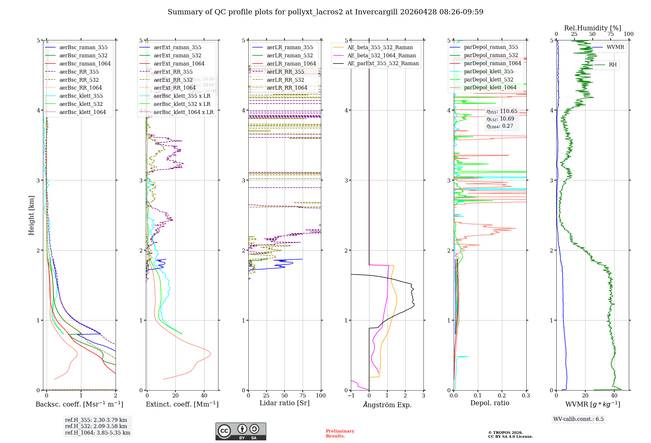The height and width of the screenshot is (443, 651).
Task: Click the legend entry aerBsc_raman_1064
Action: (x=85, y=64)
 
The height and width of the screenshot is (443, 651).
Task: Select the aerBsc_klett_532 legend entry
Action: (x=81, y=104)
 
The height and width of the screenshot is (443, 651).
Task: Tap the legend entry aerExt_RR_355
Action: (x=173, y=72)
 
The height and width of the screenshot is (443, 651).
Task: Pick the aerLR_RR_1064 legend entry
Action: (x=287, y=88)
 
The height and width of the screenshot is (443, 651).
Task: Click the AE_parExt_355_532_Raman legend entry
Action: (x=383, y=63)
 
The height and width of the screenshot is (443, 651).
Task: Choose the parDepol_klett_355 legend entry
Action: (x=488, y=71)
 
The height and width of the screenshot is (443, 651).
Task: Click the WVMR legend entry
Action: (x=615, y=47)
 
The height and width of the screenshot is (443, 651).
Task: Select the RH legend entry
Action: (x=613, y=64)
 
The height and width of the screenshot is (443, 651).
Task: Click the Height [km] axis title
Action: (x=31, y=215)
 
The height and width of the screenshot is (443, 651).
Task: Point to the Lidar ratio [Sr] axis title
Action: (x=284, y=403)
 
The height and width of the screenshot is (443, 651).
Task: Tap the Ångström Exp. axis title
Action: (x=387, y=405)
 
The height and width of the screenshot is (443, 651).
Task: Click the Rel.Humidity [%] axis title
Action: (x=592, y=28)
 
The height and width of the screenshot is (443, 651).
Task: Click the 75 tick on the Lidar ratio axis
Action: (x=303, y=395)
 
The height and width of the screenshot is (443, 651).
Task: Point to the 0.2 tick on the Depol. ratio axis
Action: (x=502, y=395)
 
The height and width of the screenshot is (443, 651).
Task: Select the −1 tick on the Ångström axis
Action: (x=351, y=395)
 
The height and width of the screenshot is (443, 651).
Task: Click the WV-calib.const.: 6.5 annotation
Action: (x=578, y=419)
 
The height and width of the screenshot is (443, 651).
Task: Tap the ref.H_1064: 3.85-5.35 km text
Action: (x=98, y=433)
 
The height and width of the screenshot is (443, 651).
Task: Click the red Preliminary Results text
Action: (x=340, y=434)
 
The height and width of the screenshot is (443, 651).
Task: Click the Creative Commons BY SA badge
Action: (x=241, y=431)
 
